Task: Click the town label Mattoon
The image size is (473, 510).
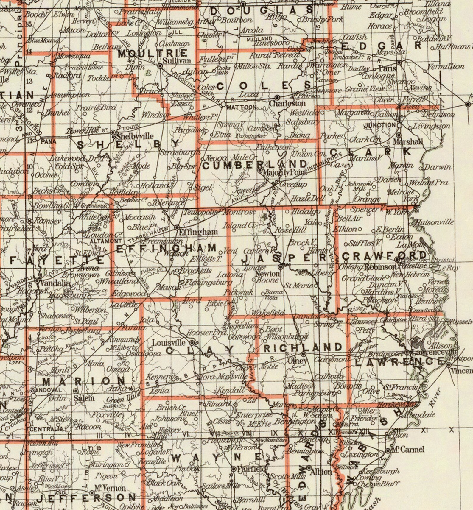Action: tap(241, 107)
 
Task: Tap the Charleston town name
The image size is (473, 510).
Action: tap(287, 103)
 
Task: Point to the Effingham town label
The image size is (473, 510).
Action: tap(198, 232)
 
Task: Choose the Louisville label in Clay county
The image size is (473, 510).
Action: tap(169, 343)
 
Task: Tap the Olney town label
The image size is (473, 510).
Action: tap(297, 361)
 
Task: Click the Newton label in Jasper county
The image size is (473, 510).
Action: tap(267, 273)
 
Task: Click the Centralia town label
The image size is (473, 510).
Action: tap(46, 429)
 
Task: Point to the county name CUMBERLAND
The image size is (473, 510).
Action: tap(255, 164)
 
